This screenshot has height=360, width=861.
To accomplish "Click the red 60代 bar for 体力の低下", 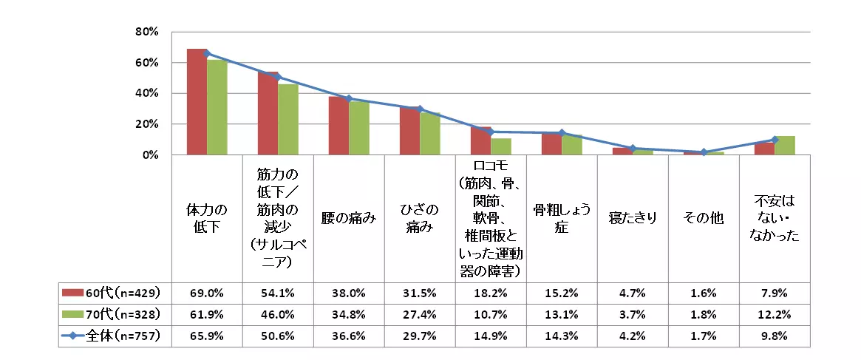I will [x=197, y=102].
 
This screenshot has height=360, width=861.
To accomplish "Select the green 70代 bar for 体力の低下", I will [x=217, y=108].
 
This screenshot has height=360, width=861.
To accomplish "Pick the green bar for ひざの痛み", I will [x=429, y=134].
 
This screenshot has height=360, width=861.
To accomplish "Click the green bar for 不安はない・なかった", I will [x=784, y=146].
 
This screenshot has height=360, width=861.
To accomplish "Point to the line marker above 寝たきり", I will [x=633, y=149].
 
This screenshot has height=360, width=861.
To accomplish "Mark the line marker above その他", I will [x=704, y=152].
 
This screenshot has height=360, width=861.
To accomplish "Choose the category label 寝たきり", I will [x=633, y=218].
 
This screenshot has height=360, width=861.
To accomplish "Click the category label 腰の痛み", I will [x=349, y=218].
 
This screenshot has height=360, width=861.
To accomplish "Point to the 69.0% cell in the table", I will [x=206, y=291].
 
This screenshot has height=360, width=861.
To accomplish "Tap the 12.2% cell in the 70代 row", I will [x=775, y=313].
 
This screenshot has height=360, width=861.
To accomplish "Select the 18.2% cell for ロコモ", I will [x=491, y=291].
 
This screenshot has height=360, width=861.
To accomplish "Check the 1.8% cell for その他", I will [x=704, y=313].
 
